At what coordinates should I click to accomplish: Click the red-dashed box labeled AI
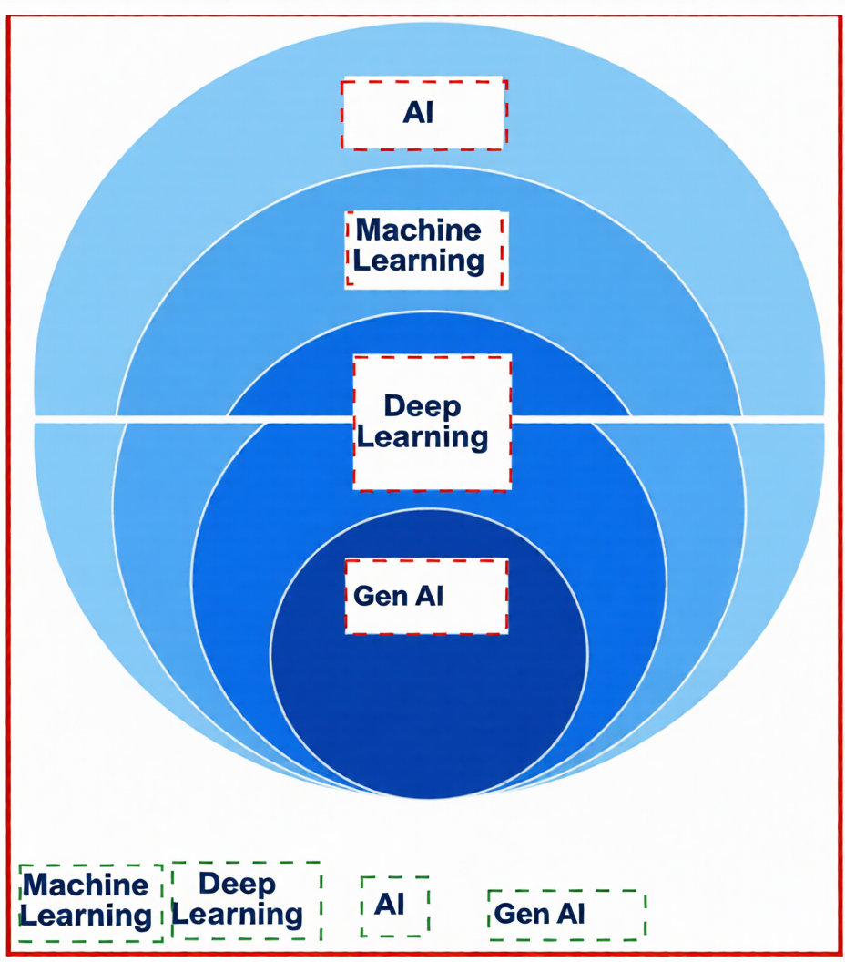(423, 114)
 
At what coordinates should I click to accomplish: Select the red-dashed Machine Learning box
(424, 249)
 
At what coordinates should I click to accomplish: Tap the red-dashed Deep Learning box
(432, 422)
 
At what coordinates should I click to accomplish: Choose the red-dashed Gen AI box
(425, 597)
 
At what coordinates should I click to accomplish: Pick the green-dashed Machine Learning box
(90, 902)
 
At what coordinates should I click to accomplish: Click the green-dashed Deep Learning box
(246, 900)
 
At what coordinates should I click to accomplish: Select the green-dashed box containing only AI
(393, 906)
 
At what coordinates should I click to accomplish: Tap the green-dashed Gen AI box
(566, 915)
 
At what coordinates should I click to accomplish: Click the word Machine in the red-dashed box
(418, 230)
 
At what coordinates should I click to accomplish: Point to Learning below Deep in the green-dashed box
(238, 914)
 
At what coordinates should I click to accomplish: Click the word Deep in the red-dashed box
(422, 406)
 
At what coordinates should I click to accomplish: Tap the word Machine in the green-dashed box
(85, 885)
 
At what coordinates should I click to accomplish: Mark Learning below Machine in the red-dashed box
(418, 261)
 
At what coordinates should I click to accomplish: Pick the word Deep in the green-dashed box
(237, 883)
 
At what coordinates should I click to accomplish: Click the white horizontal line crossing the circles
(182, 419)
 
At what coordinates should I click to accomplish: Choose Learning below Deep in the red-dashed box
(422, 438)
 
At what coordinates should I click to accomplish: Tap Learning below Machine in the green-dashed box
(86, 916)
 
